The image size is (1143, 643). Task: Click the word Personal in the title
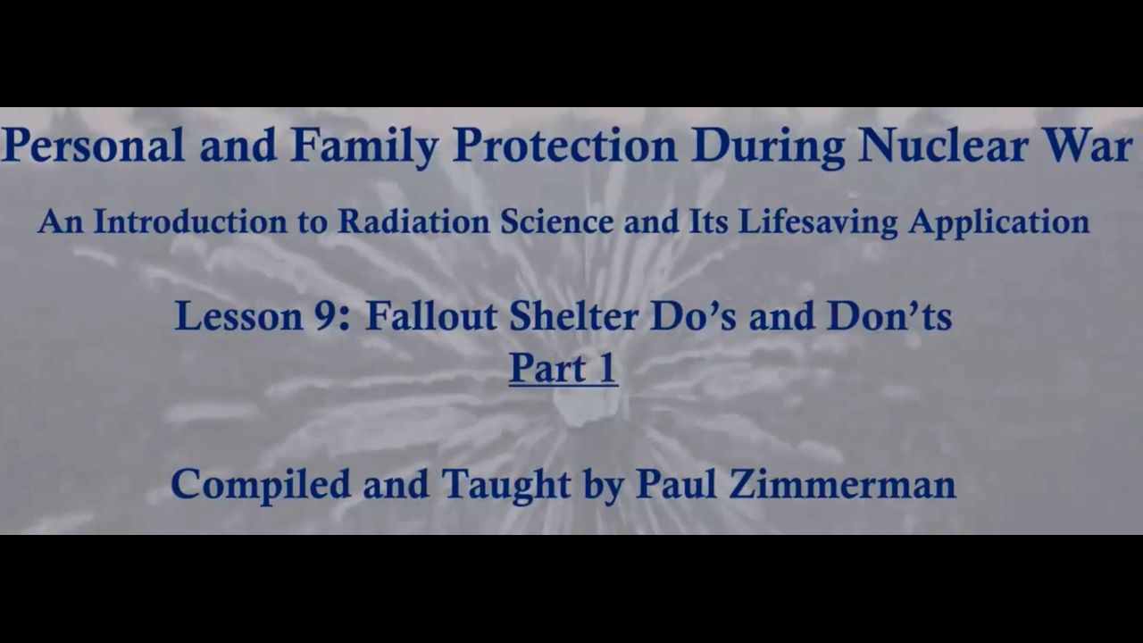pos(94,146)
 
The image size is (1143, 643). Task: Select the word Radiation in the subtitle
pos(413,222)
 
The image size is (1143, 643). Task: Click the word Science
pos(556,222)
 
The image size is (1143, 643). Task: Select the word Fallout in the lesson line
pos(431,316)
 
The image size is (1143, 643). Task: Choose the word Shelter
pos(574,316)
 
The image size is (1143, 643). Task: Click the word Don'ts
pos(889,316)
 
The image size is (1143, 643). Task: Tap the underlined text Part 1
pos(563,369)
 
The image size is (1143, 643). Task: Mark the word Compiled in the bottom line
pos(261,485)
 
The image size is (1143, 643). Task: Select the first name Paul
pos(676,484)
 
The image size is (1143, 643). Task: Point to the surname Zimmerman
pos(842,484)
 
